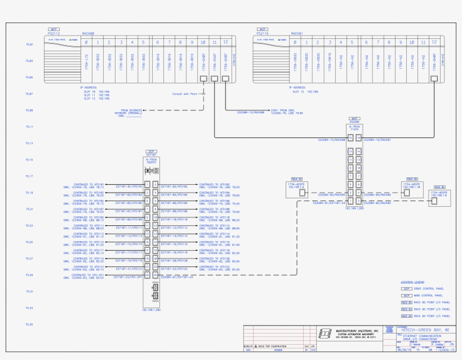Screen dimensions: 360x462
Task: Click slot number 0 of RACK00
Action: (x=86, y=42)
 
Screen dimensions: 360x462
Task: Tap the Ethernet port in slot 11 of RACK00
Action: (x=214, y=79)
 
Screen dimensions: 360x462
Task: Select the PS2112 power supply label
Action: (x=55, y=33)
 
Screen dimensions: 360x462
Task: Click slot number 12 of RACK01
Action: (x=434, y=42)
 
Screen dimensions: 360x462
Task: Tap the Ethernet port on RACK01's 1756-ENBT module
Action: (x=434, y=79)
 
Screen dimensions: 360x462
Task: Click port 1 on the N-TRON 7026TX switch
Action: (x=148, y=184)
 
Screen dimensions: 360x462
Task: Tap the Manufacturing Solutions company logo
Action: (x=325, y=333)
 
